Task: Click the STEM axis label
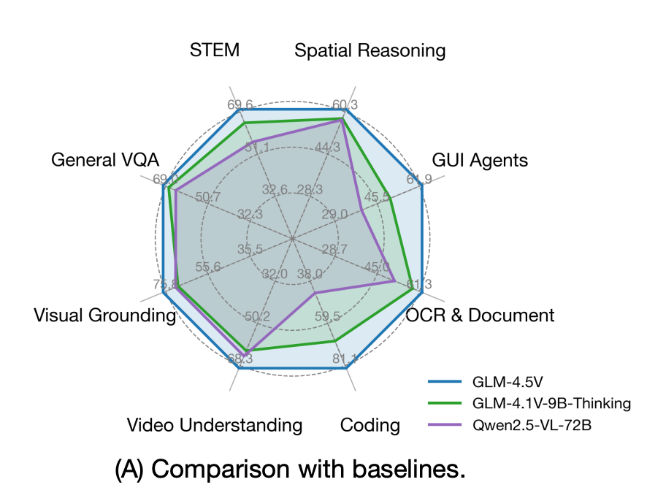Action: point(215,50)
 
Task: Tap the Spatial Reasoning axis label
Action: point(370,50)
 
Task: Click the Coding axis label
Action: point(370,425)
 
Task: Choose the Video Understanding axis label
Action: point(214,425)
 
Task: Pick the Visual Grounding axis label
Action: point(104,315)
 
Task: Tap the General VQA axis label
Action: point(105,160)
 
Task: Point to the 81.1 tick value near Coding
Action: point(344,359)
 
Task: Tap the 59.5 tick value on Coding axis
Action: point(327,317)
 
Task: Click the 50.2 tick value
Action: point(257,317)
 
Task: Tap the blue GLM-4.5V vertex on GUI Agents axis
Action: point(422,186)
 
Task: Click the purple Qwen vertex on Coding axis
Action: point(315,294)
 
